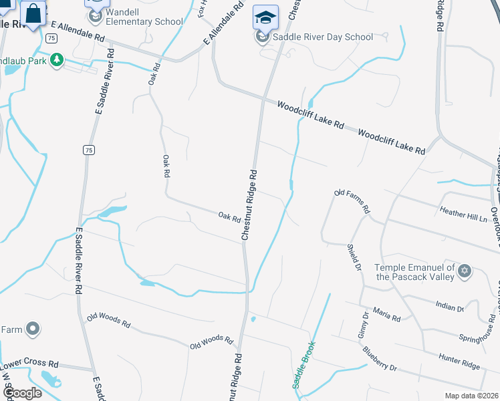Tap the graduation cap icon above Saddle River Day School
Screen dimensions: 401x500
click(265, 17)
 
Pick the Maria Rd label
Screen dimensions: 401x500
click(386, 315)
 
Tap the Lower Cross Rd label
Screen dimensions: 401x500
click(29, 365)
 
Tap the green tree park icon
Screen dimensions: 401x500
click(57, 61)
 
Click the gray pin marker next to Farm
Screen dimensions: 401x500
click(32, 329)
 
